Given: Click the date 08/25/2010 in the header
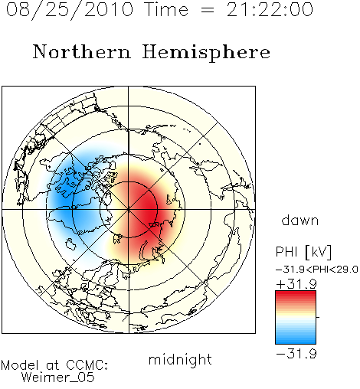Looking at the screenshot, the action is [x=70, y=10].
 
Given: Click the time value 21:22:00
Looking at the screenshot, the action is [x=270, y=10].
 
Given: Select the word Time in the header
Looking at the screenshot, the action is [x=166, y=10].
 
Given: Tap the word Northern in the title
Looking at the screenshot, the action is [x=82, y=51].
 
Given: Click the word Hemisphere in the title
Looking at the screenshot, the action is [x=206, y=53].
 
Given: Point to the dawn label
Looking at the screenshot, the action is [x=300, y=220].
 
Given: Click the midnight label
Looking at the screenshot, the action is [x=180, y=360].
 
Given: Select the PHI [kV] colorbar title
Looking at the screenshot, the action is [x=303, y=252].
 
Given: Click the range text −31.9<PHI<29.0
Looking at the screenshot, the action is [x=317, y=270].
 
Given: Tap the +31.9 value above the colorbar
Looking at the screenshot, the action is [x=296, y=284].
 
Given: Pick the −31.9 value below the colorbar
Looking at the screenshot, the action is [x=296, y=354].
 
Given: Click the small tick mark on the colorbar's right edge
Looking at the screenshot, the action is [x=318, y=317].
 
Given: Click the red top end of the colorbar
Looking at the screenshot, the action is [x=296, y=293].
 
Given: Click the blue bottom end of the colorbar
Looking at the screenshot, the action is [x=296, y=342].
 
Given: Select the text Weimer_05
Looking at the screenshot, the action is [x=58, y=378].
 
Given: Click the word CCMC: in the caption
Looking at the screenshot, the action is [x=87, y=365].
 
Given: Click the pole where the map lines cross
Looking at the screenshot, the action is [x=129, y=209].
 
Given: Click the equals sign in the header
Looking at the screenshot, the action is [x=208, y=11].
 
